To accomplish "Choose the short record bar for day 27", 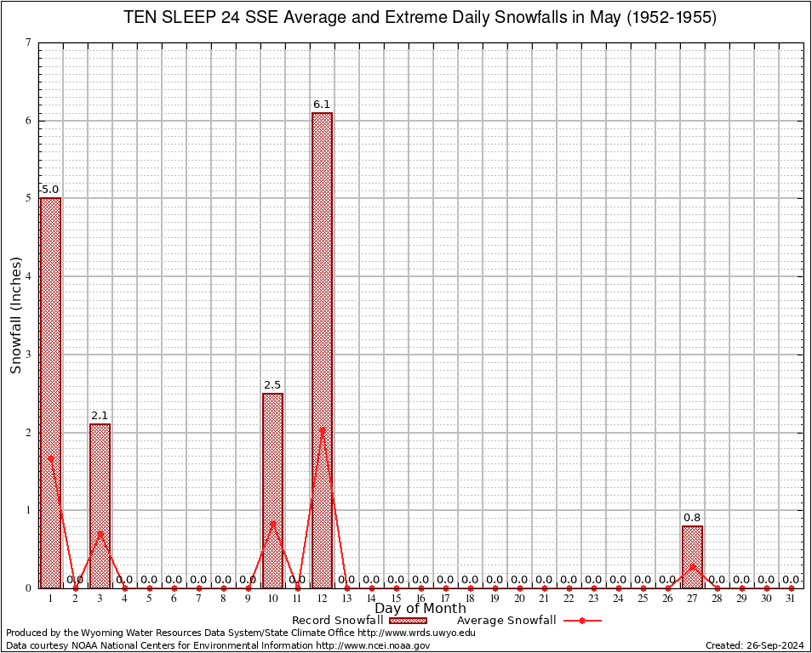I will point(692,557).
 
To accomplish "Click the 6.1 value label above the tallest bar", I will point(322,105).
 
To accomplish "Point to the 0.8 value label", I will point(692,518).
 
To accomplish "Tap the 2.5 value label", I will point(272,385).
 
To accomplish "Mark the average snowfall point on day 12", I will point(322,430).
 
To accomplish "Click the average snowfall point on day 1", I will point(50,457).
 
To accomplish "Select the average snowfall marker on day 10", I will point(272,523).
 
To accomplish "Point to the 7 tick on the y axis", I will point(28,43).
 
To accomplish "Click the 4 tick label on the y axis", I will point(28,276).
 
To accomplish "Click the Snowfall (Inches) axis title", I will point(15,315).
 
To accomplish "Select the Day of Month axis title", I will point(420,609).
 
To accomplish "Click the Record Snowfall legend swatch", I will point(408,621).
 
